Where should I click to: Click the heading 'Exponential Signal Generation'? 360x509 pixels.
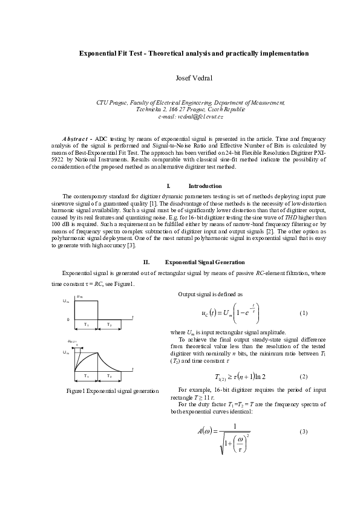[205, 262]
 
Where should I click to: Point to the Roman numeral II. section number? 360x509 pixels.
[146, 262]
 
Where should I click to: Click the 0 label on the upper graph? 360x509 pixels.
[68, 319]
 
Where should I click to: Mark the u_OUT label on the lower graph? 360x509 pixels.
[72, 342]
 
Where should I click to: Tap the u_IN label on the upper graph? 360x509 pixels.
[79, 297]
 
